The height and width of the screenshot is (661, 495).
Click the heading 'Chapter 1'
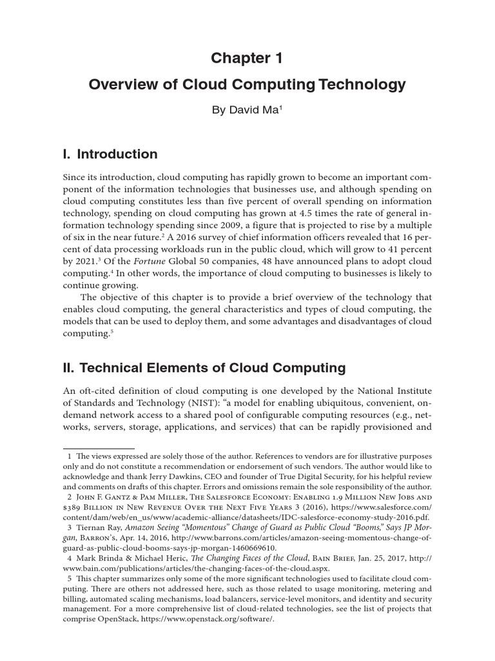pyautogui.click(x=247, y=59)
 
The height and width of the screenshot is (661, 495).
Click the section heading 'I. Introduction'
pyautogui.click(x=110, y=154)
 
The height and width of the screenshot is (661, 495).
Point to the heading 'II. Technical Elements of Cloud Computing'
pyautogui.click(x=204, y=369)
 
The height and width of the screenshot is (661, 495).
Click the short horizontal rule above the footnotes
pyautogui.click(x=98, y=447)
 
